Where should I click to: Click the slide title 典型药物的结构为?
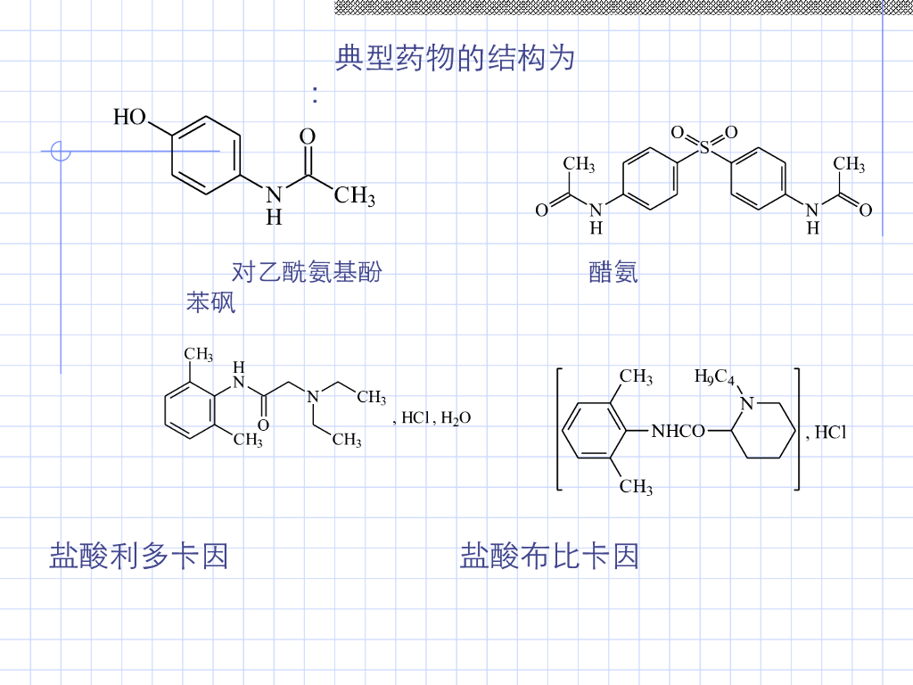click(455, 59)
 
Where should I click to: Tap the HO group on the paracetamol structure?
click(130, 117)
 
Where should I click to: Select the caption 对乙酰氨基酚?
click(307, 272)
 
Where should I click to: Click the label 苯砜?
click(211, 303)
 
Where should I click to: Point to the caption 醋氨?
click(613, 272)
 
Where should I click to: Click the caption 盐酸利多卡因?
click(139, 556)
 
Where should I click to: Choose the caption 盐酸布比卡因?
click(549, 556)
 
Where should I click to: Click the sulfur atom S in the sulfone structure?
click(704, 148)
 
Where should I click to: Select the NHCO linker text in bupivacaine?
click(678, 432)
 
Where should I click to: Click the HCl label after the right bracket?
click(830, 433)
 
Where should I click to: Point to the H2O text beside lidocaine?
click(456, 418)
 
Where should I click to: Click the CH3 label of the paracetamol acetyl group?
click(354, 195)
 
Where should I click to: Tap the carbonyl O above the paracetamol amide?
click(307, 136)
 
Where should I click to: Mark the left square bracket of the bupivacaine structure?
click(559, 428)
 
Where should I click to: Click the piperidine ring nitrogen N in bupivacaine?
click(748, 402)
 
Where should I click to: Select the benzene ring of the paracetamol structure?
click(205, 154)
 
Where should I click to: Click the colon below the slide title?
click(316, 95)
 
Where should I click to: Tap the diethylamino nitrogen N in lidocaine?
click(312, 397)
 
